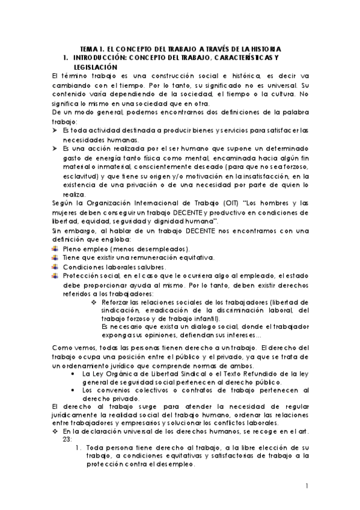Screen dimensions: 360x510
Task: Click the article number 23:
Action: (x=67, y=438)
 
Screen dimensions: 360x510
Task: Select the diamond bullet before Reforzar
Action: (x=94, y=302)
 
